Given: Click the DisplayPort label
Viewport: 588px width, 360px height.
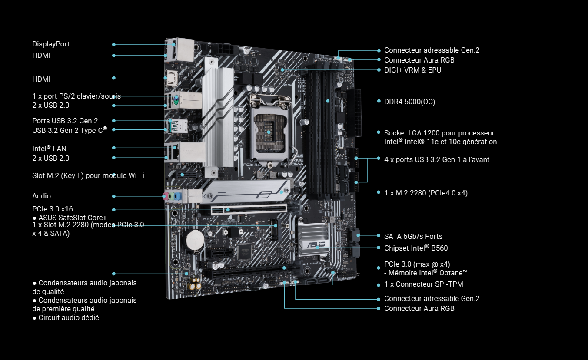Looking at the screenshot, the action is click(x=51, y=44).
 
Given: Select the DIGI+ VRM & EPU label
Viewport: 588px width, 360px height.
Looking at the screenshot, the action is click(x=413, y=70).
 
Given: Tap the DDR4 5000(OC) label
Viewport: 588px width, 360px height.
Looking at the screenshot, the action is click(x=409, y=102).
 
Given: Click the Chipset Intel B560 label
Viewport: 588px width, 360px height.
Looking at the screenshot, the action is click(x=416, y=248).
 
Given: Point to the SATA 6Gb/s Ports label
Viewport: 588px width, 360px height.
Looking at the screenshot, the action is click(x=413, y=236).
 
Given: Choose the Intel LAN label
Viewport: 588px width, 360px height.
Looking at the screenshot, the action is click(x=49, y=148).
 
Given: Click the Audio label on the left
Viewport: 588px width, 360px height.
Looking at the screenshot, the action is click(x=41, y=196).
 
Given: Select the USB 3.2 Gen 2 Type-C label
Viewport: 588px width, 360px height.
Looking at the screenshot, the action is click(x=70, y=130).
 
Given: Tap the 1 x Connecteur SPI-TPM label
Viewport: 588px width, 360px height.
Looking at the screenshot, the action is click(x=423, y=284).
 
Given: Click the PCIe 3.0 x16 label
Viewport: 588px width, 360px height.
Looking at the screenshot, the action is click(x=53, y=209).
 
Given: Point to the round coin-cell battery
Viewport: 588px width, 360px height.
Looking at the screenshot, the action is click(x=195, y=240).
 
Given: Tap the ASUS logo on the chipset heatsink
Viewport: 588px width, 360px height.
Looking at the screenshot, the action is click(x=316, y=245).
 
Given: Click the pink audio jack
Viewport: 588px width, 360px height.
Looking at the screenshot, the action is click(x=165, y=196).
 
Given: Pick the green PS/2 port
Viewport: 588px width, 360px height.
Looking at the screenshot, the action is click(x=176, y=99).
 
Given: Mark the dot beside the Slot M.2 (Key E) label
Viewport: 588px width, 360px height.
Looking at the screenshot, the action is click(x=114, y=175).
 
